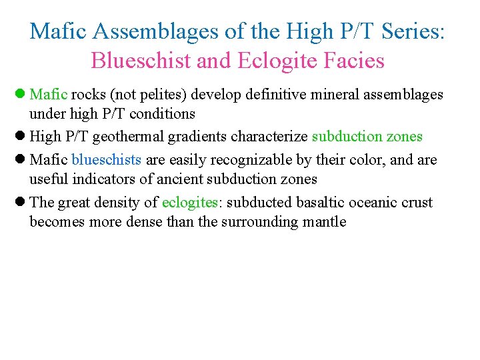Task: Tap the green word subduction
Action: point(346,137)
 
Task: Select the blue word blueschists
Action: point(106,160)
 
